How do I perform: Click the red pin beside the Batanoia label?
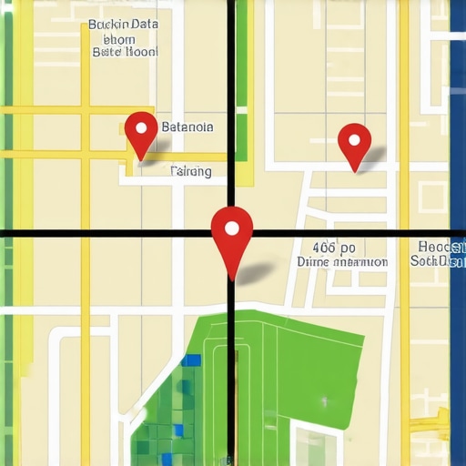140,133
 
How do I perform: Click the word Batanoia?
187,127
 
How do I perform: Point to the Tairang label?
191,170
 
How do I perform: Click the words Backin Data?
123,25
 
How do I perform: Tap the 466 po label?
333,247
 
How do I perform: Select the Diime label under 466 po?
342,261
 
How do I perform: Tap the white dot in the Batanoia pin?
140,127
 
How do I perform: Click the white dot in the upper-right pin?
354,140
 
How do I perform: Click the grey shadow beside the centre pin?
259,270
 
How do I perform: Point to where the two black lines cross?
231,234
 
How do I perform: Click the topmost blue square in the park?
191,360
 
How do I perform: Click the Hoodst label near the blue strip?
442,247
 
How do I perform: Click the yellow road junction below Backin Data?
86,111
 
